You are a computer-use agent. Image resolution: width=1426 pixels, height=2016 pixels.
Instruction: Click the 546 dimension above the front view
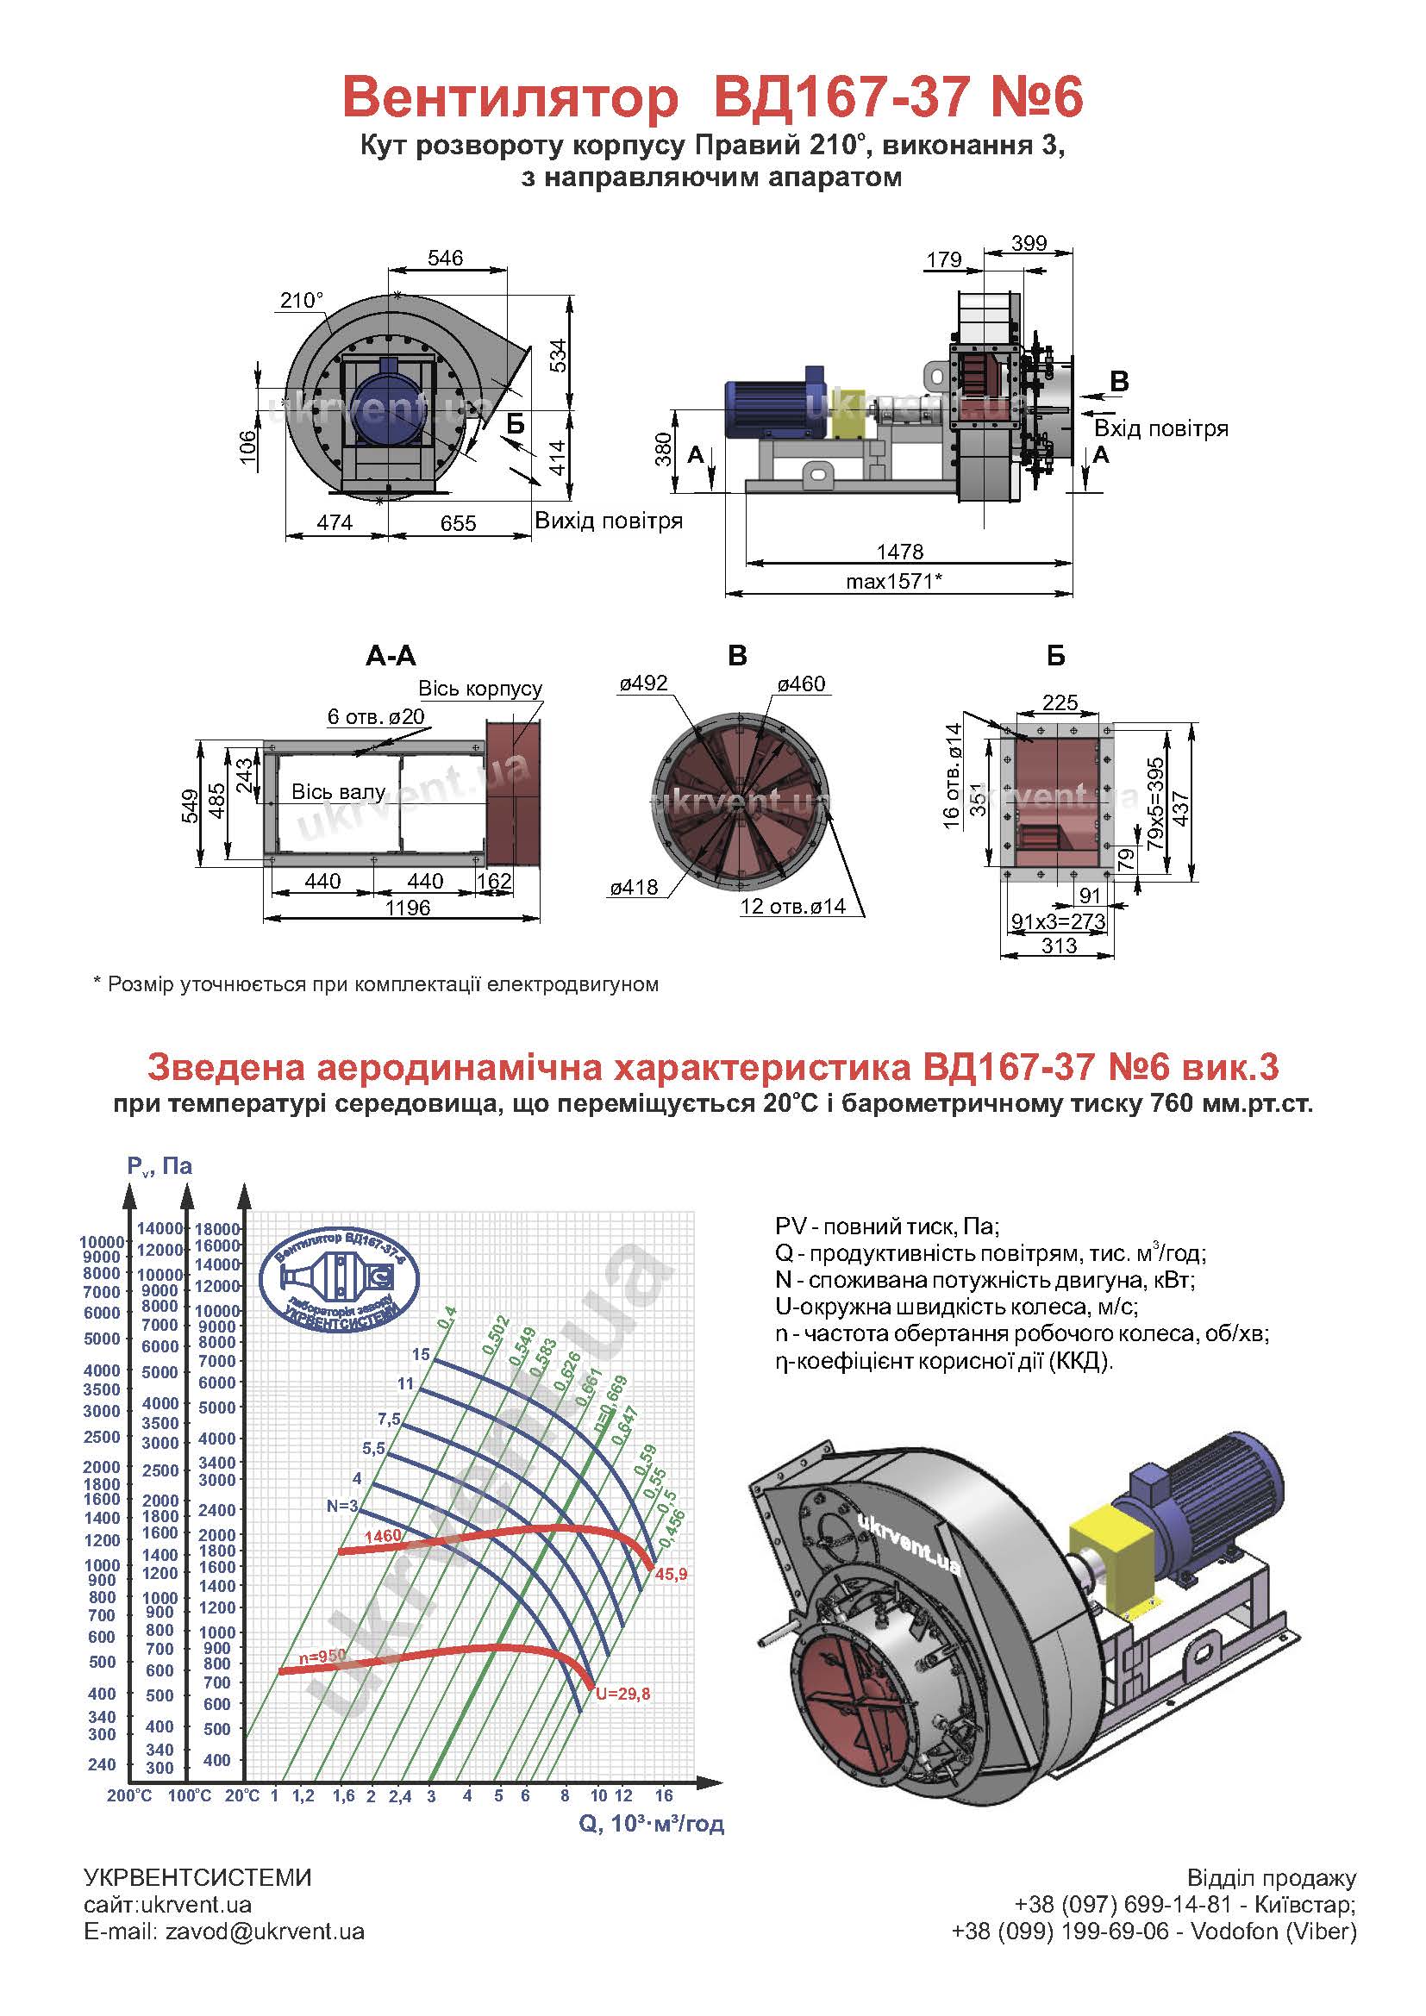(x=445, y=259)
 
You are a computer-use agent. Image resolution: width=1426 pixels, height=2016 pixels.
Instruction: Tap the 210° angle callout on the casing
(x=302, y=300)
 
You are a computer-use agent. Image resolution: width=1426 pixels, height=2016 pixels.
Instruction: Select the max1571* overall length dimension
(x=894, y=580)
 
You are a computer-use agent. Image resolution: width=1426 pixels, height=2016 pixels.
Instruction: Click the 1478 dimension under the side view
(x=900, y=552)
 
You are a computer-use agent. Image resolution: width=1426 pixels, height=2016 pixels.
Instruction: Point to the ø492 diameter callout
(x=644, y=683)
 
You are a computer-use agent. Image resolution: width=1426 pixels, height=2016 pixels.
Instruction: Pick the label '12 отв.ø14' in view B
(x=793, y=906)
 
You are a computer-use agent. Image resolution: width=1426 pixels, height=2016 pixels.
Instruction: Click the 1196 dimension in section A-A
(x=408, y=907)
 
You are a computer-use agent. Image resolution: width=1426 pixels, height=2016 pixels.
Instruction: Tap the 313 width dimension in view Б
(x=1059, y=946)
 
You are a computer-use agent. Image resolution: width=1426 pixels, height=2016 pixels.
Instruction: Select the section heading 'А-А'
(x=391, y=656)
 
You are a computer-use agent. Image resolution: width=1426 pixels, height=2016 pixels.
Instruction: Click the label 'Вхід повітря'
(x=1160, y=428)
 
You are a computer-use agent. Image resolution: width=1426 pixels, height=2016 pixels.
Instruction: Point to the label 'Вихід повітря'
(x=609, y=521)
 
